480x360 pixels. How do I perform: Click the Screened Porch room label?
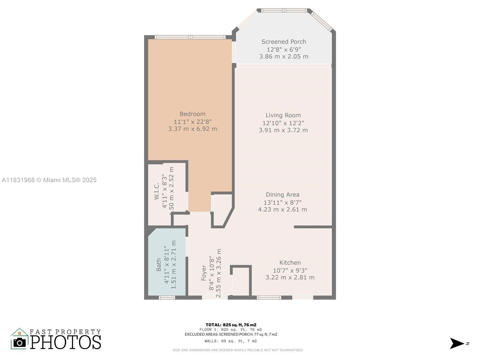coord(283,42)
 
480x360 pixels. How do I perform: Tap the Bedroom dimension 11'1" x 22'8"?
coord(193,121)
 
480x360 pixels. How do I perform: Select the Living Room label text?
coord(283,115)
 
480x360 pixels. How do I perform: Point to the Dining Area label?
coord(282,195)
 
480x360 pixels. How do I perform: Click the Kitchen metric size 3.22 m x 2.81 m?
coord(290,277)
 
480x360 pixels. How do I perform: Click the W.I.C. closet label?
coord(157,191)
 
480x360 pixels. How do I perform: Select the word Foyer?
coord(204,272)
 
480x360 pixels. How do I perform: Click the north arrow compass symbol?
coord(457,343)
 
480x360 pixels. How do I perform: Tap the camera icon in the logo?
coord(20,342)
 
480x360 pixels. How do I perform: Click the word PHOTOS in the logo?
coord(66,342)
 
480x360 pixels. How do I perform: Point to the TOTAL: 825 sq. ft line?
coord(231,325)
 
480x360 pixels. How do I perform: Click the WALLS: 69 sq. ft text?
coord(231,341)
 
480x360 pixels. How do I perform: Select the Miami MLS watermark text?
coord(49,180)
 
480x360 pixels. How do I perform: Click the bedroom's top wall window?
coord(190,37)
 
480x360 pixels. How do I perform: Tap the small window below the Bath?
coord(166,298)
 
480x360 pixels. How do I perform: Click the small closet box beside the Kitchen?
coord(241,281)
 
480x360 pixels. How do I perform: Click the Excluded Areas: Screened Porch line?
coord(231,334)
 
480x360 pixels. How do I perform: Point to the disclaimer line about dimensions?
coord(238,350)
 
